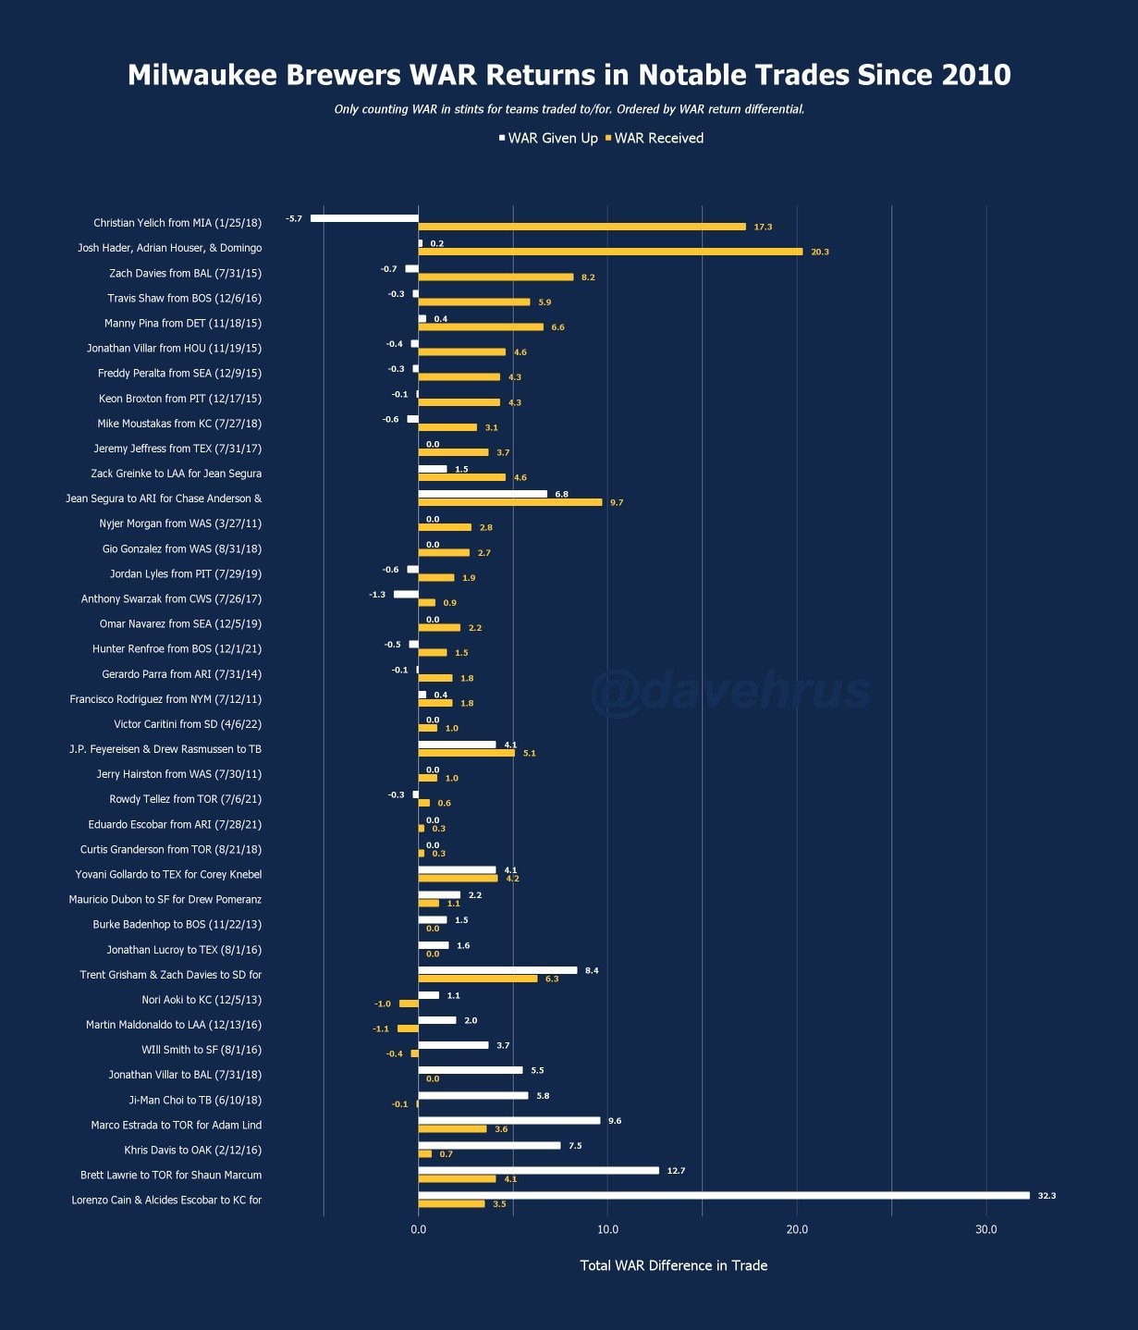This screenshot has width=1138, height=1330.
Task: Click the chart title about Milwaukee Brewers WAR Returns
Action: (569, 75)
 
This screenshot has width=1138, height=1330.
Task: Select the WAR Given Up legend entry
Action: (548, 139)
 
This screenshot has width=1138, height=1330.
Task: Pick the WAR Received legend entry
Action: (655, 139)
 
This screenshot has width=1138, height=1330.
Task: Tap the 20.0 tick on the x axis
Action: (797, 1229)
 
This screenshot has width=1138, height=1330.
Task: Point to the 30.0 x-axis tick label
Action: (986, 1229)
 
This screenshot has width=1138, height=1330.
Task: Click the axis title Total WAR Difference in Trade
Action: (673, 1265)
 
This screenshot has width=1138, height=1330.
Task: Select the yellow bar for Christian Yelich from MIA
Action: (581, 227)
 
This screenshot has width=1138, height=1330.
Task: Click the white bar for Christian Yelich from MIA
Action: (364, 218)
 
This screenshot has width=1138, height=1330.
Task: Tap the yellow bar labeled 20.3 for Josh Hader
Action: (610, 252)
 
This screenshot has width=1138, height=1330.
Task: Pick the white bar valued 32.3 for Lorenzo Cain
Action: (723, 1195)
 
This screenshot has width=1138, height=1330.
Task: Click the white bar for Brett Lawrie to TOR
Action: (538, 1170)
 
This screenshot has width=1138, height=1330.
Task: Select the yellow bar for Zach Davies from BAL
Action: (496, 277)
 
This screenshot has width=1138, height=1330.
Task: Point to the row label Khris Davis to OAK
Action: (192, 1151)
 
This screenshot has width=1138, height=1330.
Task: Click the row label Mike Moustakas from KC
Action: (179, 424)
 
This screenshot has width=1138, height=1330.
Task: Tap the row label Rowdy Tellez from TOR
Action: (185, 799)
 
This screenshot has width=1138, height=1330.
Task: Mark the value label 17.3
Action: (763, 227)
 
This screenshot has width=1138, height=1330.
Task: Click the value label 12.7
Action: (676, 1171)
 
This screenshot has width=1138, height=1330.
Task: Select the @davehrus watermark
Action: (730, 692)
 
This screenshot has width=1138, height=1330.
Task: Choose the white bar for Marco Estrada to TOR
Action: (508, 1120)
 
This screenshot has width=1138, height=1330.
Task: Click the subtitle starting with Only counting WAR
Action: (569, 109)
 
